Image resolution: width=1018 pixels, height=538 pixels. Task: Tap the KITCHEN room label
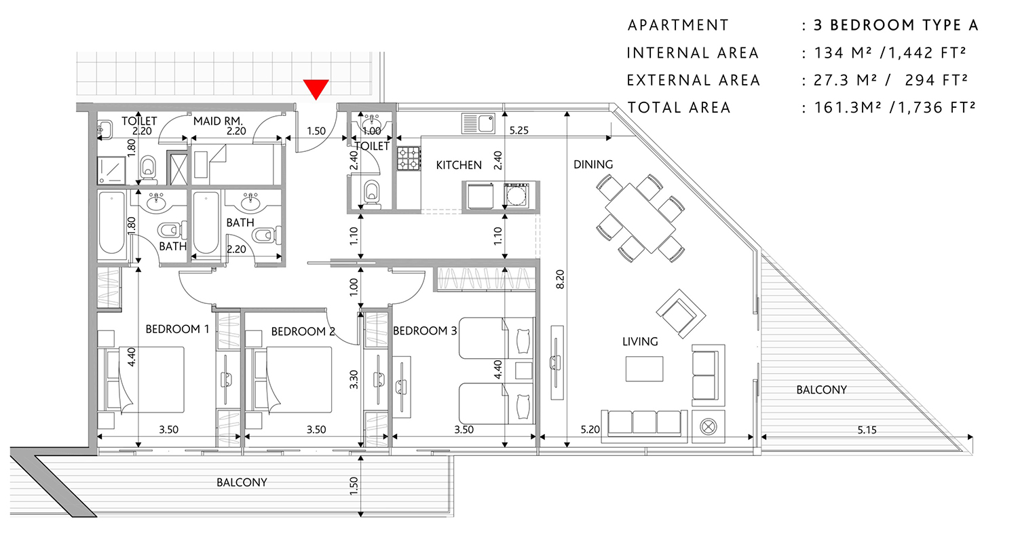(459, 165)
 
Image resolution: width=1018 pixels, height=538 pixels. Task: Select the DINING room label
(592, 164)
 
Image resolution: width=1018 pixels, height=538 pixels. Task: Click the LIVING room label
(640, 341)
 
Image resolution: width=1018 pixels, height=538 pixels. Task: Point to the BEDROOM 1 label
(177, 329)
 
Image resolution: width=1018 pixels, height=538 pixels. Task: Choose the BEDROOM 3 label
(426, 331)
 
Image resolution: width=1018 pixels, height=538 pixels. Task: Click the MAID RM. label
(219, 121)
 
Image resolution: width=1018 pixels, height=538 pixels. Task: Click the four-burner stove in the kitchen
(408, 159)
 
